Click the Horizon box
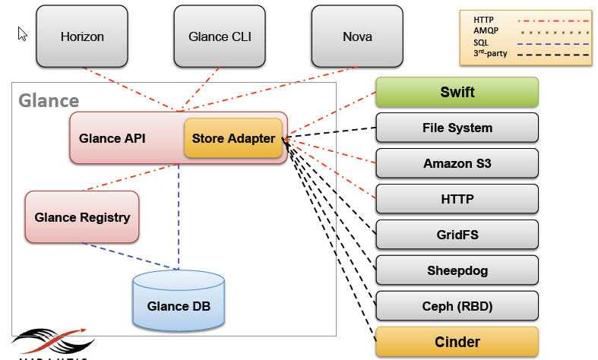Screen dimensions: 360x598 [x=82, y=36]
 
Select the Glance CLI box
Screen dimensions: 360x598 [x=220, y=36]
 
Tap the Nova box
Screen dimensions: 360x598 [x=357, y=36]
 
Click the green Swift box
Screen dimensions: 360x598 [x=457, y=92]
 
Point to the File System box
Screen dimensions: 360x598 [x=457, y=128]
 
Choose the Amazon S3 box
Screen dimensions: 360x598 [x=457, y=163]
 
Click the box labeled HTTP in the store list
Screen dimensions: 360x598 [x=457, y=199]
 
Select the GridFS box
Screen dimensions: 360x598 [x=457, y=235]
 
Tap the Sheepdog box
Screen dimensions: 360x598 [x=457, y=270]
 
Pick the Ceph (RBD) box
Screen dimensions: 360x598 [x=457, y=306]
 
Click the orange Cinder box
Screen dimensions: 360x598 [x=457, y=342]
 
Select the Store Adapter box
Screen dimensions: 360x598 [x=233, y=138]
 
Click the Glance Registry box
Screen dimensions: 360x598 [x=82, y=217]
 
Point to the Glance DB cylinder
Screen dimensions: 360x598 [x=179, y=303]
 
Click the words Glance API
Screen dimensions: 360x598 [x=112, y=138]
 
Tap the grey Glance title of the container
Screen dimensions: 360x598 [x=48, y=100]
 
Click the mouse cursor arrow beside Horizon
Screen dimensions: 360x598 [x=23, y=33]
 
